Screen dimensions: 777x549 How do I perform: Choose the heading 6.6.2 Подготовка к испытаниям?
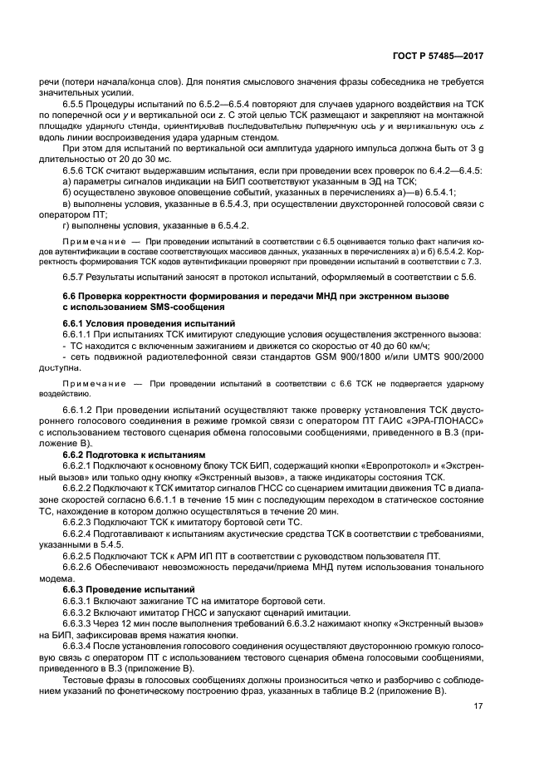[x=133, y=455]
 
